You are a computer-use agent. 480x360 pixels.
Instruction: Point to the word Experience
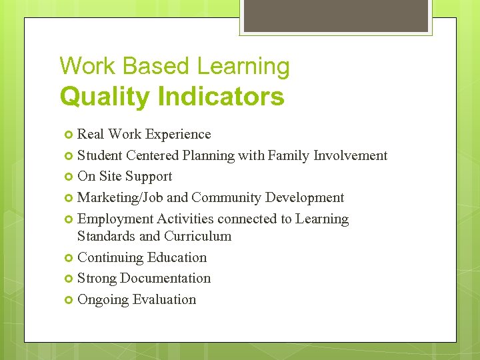178,135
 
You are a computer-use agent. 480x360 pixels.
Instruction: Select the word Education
176,257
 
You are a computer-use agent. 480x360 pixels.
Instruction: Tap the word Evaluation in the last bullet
165,300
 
